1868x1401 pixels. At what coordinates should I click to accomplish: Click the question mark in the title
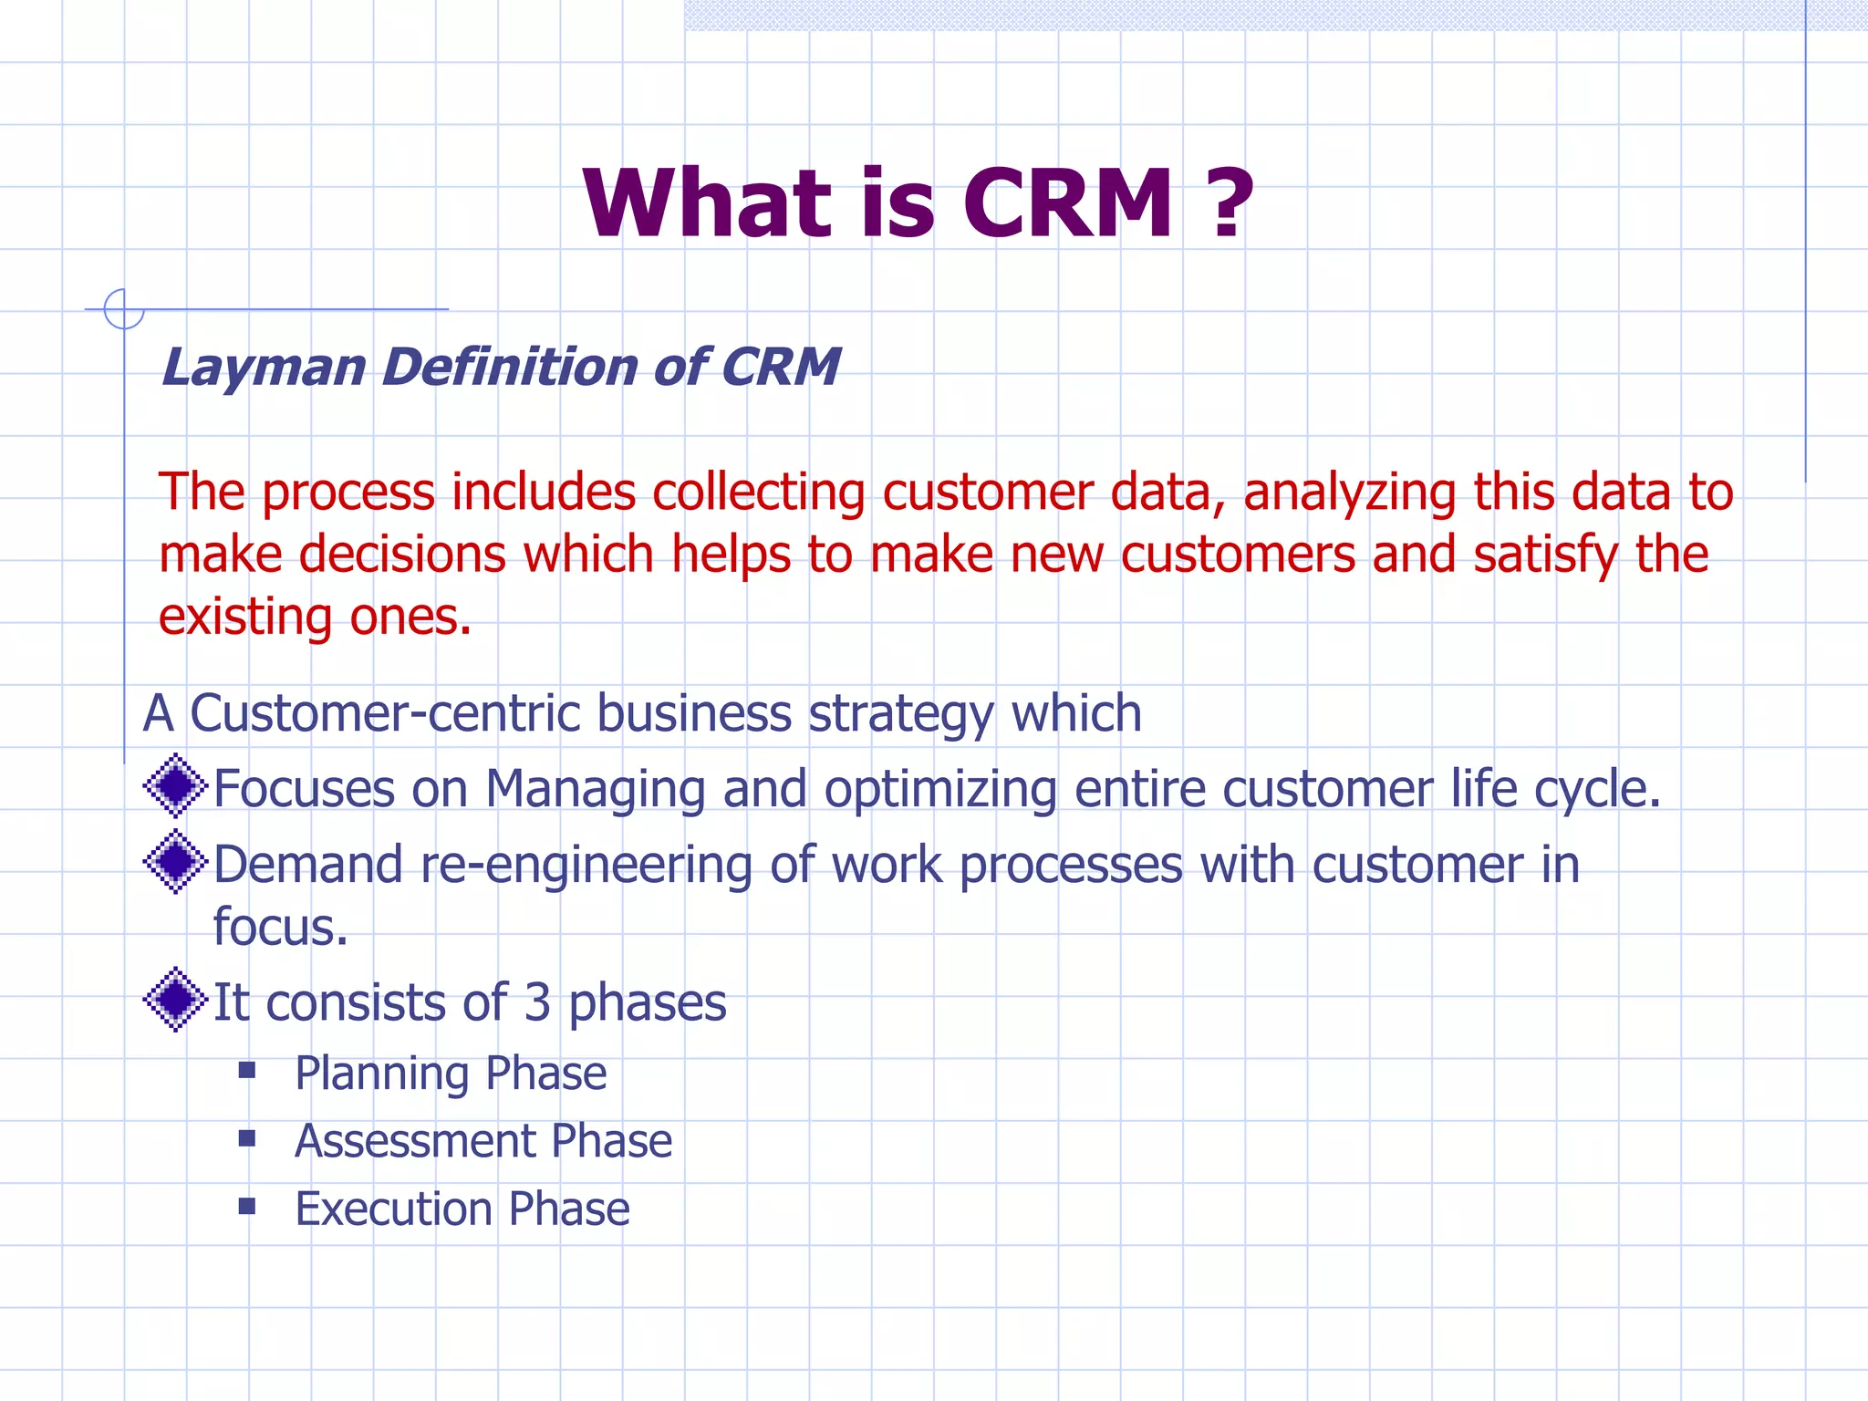(x=1231, y=204)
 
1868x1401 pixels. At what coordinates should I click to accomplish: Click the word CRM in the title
(x=1067, y=204)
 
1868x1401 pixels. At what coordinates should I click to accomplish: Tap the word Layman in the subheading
(x=264, y=368)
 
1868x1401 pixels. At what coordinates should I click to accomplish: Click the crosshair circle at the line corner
(x=124, y=309)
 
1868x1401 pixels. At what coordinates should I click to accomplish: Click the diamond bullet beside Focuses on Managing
(x=175, y=786)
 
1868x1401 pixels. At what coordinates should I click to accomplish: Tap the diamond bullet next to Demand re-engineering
(x=175, y=862)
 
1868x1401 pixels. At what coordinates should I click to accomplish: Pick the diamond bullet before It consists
(x=175, y=1000)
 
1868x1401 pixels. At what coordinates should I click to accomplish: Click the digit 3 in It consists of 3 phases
(x=537, y=1002)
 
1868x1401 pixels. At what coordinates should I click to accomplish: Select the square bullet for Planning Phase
(x=247, y=1070)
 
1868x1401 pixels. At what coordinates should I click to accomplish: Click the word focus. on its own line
(x=280, y=928)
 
